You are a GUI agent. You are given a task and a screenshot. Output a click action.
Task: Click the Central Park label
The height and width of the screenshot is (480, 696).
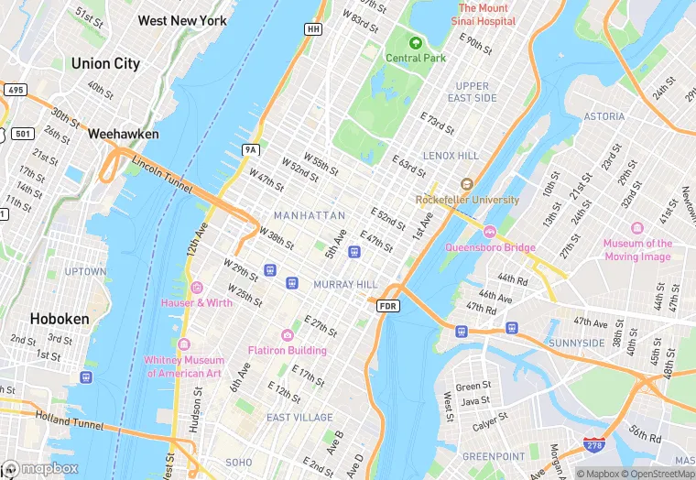(x=416, y=58)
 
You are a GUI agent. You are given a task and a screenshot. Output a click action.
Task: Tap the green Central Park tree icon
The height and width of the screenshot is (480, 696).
(x=416, y=42)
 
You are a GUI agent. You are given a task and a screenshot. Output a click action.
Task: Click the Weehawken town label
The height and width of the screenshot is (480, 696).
(x=123, y=134)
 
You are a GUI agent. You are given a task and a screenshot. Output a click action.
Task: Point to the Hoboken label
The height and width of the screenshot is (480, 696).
(x=60, y=319)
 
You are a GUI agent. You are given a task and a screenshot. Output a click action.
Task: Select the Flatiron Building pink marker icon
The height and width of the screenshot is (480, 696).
(x=288, y=335)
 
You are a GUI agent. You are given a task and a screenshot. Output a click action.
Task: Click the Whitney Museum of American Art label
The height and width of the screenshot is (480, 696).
(x=184, y=366)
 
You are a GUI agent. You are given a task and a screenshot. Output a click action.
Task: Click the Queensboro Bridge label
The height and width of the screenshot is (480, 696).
(x=490, y=247)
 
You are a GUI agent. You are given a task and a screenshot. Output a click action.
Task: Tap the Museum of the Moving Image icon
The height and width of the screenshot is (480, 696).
(x=637, y=228)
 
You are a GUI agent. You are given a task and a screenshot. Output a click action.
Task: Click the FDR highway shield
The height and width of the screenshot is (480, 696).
(x=387, y=305)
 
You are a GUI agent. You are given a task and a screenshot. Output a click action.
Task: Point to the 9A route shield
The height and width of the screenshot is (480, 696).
(x=250, y=149)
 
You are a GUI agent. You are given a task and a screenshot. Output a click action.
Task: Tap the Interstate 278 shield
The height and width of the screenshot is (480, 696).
(x=594, y=446)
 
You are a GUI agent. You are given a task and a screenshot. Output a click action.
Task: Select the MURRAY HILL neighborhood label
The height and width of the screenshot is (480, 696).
(x=345, y=285)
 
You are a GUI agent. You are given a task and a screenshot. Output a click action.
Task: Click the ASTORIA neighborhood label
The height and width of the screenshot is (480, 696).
(x=604, y=117)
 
